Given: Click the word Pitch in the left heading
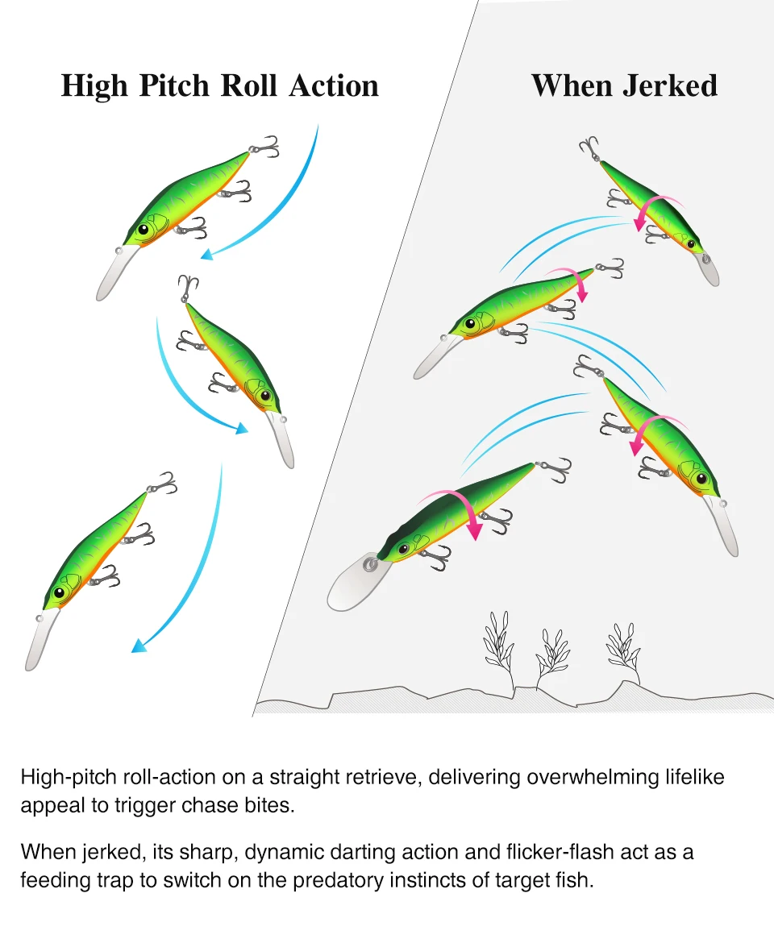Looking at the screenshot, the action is (175, 86).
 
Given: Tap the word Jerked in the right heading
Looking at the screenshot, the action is (670, 85).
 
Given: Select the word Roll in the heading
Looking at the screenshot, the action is (248, 85).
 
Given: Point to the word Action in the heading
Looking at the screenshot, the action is (334, 85).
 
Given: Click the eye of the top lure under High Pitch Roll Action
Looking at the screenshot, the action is (144, 229).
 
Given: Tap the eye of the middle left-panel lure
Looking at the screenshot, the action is (264, 396).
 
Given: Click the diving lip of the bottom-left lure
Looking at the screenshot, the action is (41, 638).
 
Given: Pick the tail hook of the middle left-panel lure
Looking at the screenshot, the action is (188, 288).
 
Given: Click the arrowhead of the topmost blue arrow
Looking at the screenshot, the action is (207, 255).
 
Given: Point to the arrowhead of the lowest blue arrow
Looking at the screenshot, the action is (139, 646).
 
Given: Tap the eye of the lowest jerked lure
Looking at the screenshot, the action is (404, 549).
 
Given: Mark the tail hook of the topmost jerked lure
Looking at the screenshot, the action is (589, 147).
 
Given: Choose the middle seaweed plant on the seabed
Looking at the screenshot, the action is (552, 655).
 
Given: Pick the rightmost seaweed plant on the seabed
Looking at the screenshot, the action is (623, 650).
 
